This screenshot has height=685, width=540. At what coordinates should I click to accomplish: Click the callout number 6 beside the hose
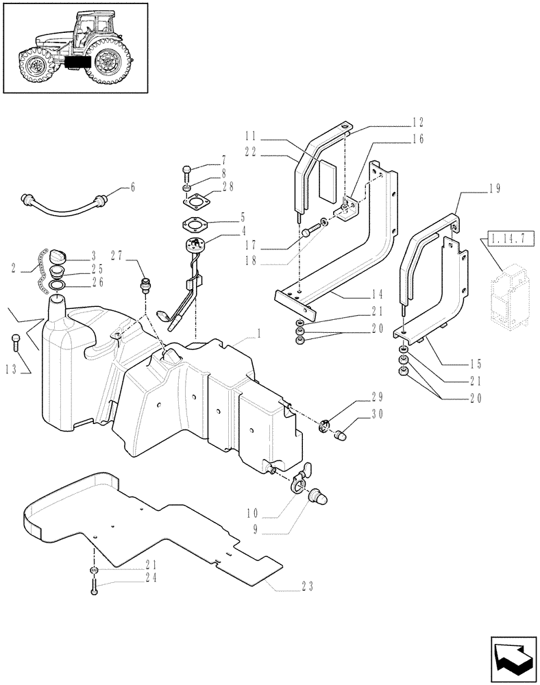(132, 186)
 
